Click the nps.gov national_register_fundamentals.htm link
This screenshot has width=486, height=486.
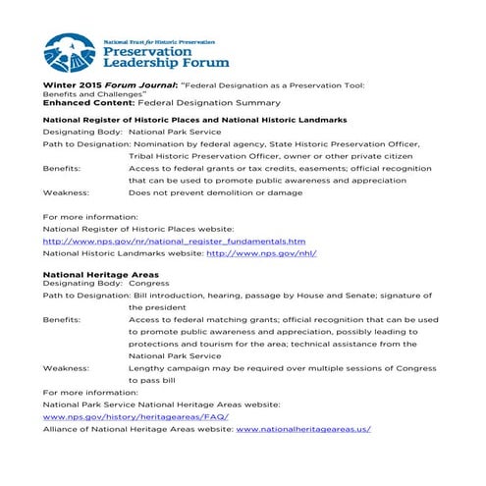tap(175, 241)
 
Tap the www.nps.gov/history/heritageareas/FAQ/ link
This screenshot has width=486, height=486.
tap(135, 416)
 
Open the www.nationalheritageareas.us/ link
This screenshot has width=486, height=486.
tap(303, 429)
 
